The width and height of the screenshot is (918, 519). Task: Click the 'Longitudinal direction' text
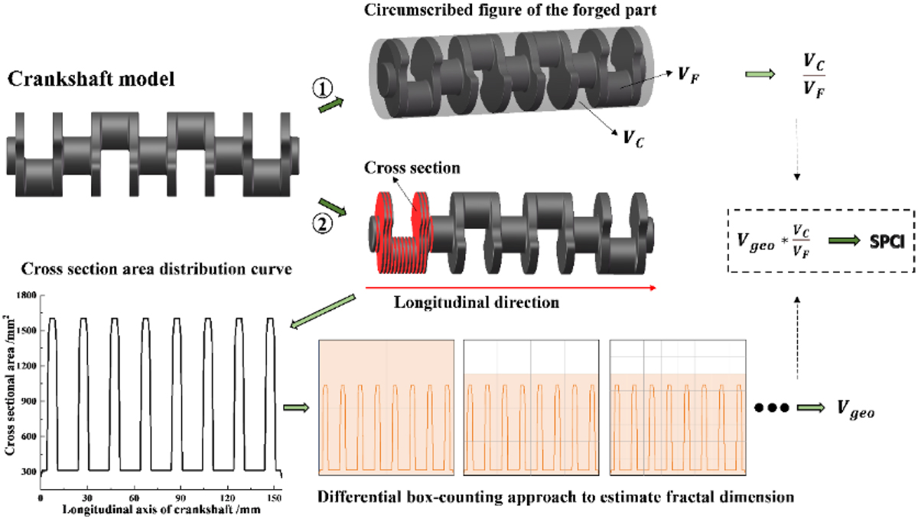tap(475, 302)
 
